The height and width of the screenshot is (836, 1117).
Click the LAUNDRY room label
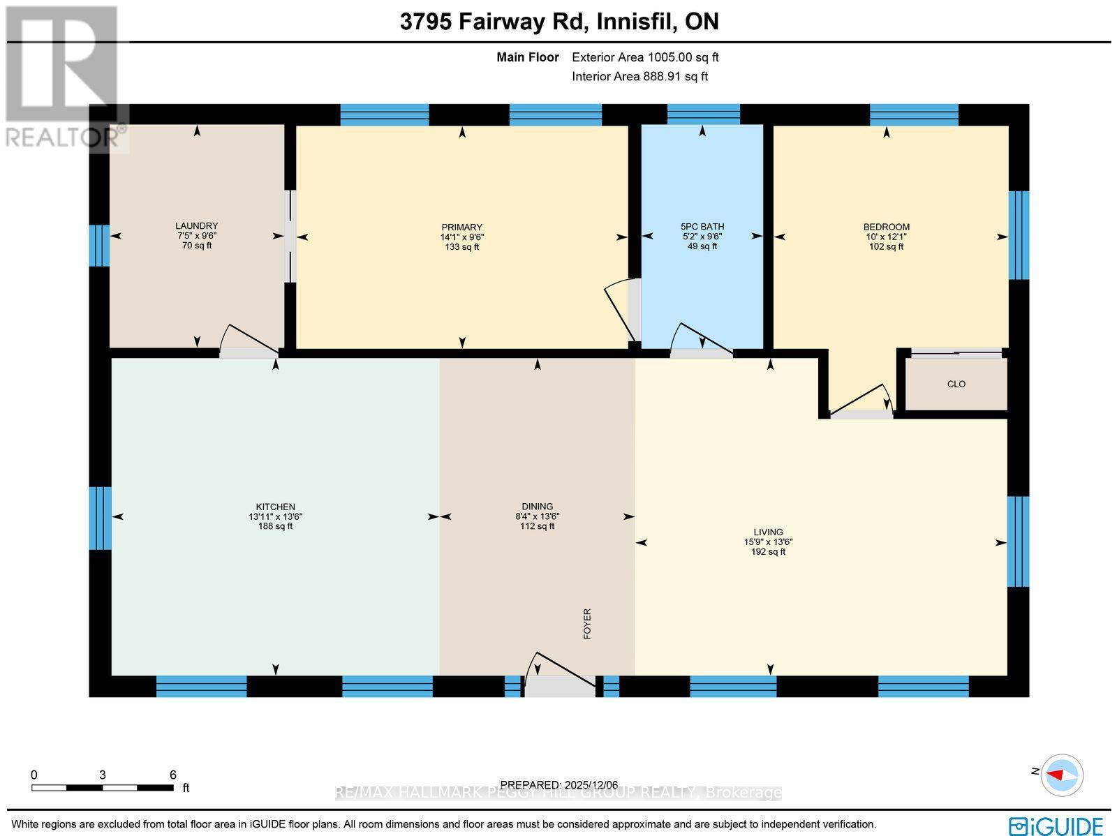196,226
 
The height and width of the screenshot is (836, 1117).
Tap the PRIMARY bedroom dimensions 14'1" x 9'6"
461,237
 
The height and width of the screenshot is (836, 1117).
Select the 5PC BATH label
702,227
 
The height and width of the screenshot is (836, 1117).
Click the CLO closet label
956,385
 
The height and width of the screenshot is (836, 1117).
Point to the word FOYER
587,624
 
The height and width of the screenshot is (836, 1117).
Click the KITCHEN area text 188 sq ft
275,527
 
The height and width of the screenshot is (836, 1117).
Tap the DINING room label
537,507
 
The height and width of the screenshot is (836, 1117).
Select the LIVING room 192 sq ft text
768,552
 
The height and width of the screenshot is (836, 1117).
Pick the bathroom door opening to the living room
701,342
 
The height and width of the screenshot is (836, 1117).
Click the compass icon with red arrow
1062,775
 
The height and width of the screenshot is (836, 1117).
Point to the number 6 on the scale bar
172,775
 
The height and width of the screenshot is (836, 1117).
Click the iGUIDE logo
1056,826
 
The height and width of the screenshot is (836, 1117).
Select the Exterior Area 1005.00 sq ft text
645,58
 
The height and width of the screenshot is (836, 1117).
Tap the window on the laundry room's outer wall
100,246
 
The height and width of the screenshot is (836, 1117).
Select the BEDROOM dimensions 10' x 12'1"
886,237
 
